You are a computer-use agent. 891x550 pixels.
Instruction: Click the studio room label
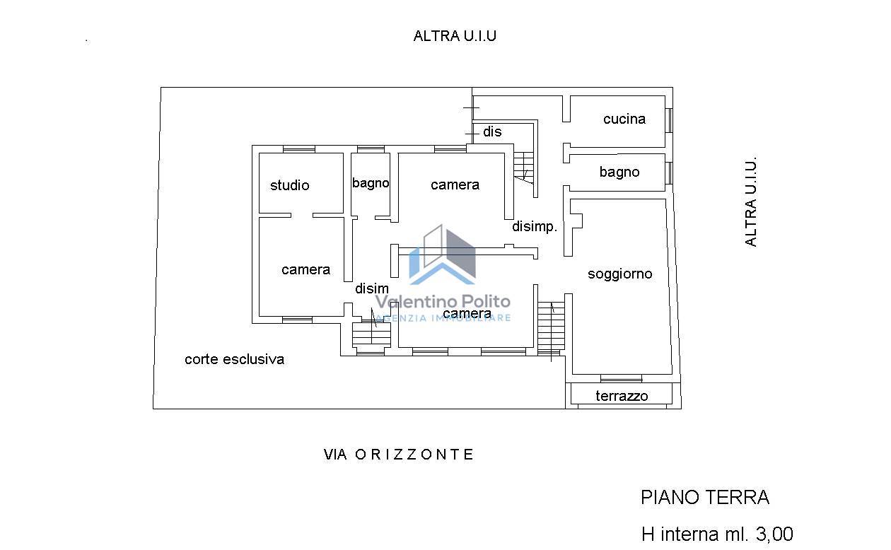pyautogui.click(x=290, y=185)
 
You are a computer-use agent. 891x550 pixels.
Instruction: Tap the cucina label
pyautogui.click(x=624, y=119)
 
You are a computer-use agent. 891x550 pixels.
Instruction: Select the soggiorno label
pyautogui.click(x=619, y=274)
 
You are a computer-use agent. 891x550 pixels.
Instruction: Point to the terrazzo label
pyautogui.click(x=622, y=396)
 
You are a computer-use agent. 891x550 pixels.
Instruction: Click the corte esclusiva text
pyautogui.click(x=234, y=359)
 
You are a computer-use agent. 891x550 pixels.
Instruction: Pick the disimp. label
pyautogui.click(x=534, y=227)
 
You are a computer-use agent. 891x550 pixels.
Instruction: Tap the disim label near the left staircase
pyautogui.click(x=371, y=288)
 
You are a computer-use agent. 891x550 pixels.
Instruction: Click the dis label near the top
pyautogui.click(x=492, y=131)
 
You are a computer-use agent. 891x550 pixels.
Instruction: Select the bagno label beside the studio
pyautogui.click(x=371, y=183)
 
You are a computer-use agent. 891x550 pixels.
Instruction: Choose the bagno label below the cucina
pyautogui.click(x=619, y=172)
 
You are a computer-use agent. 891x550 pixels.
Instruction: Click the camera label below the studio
pyautogui.click(x=305, y=269)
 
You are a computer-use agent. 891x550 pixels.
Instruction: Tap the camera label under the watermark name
pyautogui.click(x=467, y=313)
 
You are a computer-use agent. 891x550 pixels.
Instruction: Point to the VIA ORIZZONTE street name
pyautogui.click(x=399, y=454)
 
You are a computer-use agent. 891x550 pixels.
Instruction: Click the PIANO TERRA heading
pyautogui.click(x=705, y=497)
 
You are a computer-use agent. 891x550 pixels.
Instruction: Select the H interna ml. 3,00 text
pyautogui.click(x=717, y=534)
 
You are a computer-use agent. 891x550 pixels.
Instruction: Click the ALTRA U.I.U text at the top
pyautogui.click(x=455, y=36)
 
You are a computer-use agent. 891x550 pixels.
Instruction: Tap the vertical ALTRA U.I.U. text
pyautogui.click(x=750, y=202)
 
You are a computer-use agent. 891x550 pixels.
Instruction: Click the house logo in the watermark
pyautogui.click(x=443, y=254)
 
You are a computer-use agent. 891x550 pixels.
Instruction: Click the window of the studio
pyautogui.click(x=298, y=149)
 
